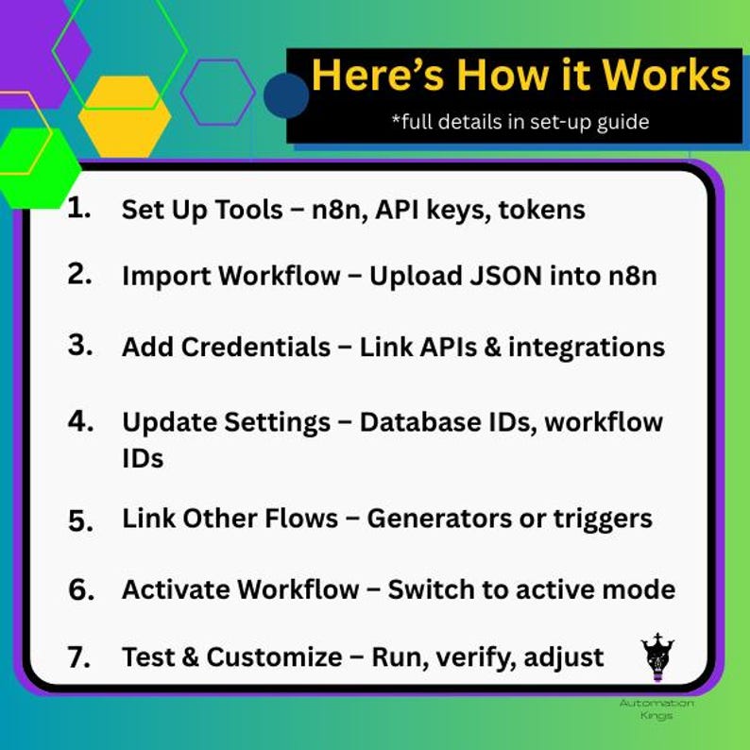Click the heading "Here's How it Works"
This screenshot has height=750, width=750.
click(x=520, y=76)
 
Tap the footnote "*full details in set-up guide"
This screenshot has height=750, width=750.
click(x=520, y=122)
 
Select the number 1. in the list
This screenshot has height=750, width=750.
click(x=80, y=209)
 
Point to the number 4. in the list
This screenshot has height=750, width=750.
click(x=81, y=420)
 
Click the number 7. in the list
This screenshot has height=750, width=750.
click(x=81, y=656)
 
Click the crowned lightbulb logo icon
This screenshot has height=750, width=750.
click(x=657, y=656)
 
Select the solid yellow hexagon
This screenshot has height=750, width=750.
click(x=125, y=116)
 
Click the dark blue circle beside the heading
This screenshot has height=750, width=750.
click(x=286, y=95)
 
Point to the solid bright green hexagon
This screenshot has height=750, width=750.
click(x=38, y=166)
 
